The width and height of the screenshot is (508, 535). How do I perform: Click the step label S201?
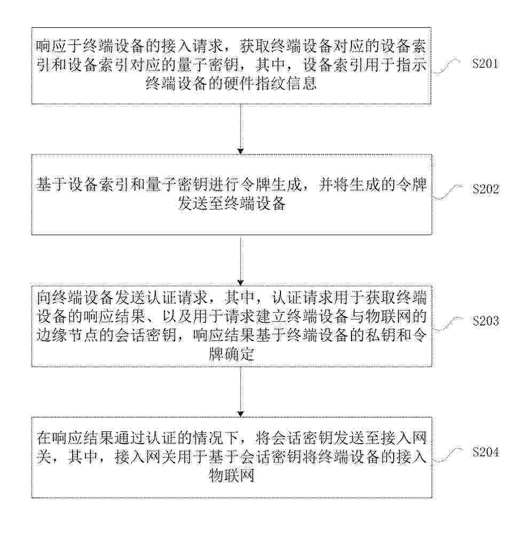pos(485,64)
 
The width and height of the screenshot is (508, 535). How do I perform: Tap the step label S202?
pos(486,189)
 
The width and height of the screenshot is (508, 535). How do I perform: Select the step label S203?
pos(486,321)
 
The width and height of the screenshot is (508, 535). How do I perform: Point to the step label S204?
pos(486,452)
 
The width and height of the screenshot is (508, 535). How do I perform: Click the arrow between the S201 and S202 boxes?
pos(241,129)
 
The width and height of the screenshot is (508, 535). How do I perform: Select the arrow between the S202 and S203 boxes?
pos(241,260)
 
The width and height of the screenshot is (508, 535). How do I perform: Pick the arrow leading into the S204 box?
pos(241,392)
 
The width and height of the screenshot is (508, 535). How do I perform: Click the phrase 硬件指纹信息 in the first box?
pos(270,83)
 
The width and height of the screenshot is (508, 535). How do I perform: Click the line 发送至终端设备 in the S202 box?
pos(232,204)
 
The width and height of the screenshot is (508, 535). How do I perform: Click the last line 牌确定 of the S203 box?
pos(232,354)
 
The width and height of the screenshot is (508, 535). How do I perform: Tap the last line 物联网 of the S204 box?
pos(232,475)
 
